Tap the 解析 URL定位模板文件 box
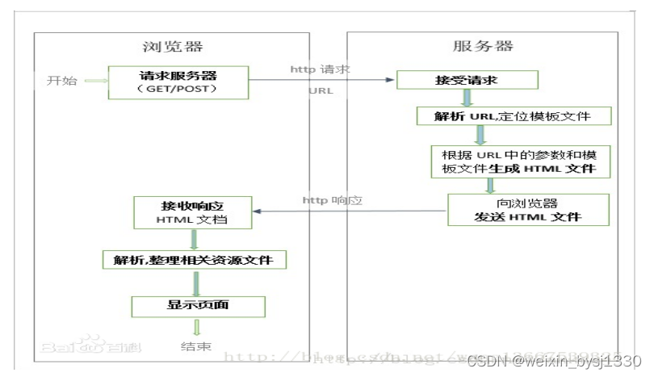(514, 115)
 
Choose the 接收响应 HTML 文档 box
(192, 212)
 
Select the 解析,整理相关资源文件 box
(195, 260)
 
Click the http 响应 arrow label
(329, 199)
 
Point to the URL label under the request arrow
(321, 91)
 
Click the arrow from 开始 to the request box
(95, 82)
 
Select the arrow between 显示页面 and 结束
(195, 327)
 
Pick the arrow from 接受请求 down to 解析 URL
(465, 98)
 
